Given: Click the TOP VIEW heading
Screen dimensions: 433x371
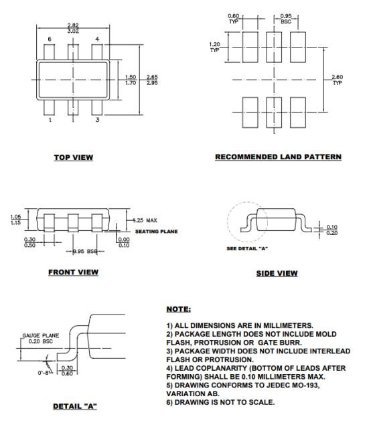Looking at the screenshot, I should [x=74, y=158].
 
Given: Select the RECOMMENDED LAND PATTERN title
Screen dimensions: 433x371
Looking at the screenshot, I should [x=278, y=157].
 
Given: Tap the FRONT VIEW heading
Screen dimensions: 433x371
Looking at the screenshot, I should [x=73, y=272].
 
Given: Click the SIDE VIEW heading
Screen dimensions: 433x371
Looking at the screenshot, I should [x=277, y=273].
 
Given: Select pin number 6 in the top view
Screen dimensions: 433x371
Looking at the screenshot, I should [x=50, y=40].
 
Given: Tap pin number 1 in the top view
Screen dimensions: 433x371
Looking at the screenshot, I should [x=50, y=120].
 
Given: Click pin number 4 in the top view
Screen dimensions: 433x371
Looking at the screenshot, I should [x=97, y=40].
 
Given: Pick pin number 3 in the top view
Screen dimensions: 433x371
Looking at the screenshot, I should [x=97, y=120].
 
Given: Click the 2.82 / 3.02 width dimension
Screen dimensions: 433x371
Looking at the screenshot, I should [x=73, y=28].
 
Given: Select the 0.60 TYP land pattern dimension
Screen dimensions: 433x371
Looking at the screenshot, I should [x=234, y=18].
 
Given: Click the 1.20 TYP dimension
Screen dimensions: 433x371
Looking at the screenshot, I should [x=214, y=47].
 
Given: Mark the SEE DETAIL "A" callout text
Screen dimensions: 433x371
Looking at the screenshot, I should [x=247, y=249].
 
